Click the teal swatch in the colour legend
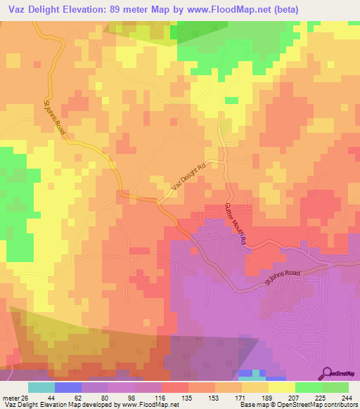click(41, 387)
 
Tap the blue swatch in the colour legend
click(68, 387)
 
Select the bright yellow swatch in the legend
click(281, 387)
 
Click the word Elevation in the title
click(90, 10)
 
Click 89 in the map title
click(127, 10)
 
